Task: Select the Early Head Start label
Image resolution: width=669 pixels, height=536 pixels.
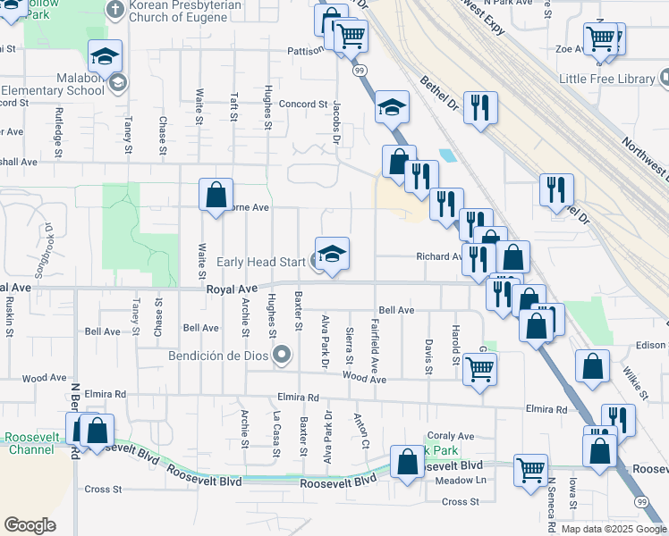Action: click(262, 262)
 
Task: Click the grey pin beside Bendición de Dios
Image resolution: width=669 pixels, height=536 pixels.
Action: click(283, 356)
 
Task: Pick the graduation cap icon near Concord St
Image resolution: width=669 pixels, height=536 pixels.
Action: click(392, 107)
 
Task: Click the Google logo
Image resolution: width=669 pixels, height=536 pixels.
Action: click(30, 525)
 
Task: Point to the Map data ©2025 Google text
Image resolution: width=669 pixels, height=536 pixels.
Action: click(614, 529)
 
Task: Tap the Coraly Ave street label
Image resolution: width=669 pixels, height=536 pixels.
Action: click(450, 436)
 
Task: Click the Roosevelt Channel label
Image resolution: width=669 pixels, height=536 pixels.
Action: click(30, 444)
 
